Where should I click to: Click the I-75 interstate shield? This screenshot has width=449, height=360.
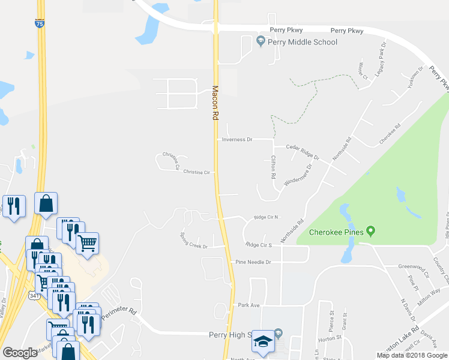coord(39,24)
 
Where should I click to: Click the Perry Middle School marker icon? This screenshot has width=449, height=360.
coord(261,41)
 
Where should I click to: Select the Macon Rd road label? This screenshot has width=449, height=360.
coord(215,103)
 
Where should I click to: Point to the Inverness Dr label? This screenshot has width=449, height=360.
coord(237,139)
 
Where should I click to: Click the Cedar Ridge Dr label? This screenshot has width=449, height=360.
coord(303,151)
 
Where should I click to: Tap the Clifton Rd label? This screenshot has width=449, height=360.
coord(273,168)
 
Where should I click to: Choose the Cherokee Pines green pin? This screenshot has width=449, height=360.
coord(371,231)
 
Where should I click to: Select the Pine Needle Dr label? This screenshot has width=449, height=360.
coord(253,262)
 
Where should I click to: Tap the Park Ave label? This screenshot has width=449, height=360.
coord(249,305)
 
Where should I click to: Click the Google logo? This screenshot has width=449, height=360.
coord(20,353)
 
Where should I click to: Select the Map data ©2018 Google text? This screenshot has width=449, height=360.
coord(412,355)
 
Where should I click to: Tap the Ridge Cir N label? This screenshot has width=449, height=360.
coord(267,218)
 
